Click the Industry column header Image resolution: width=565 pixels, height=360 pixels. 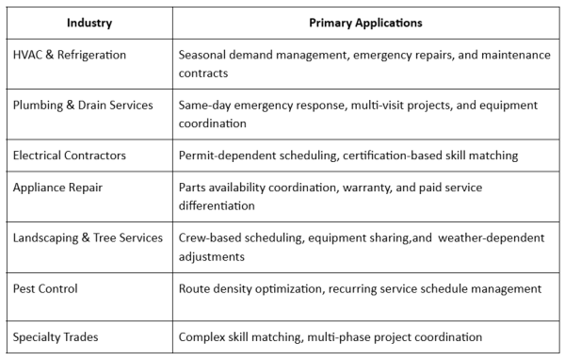click(89, 21)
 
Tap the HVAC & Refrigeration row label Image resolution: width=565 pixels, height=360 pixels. click(69, 55)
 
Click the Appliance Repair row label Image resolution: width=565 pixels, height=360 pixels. click(58, 188)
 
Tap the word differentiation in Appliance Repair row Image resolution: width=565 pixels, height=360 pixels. click(216, 205)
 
